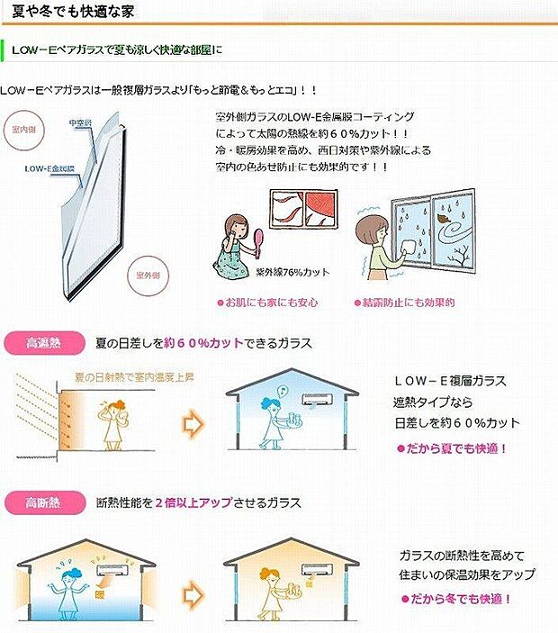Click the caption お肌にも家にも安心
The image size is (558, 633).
tap(268, 303)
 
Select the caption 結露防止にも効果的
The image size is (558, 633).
tap(406, 303)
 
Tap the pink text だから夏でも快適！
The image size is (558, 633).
tap(453, 448)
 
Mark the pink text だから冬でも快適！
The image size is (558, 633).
tap(456, 598)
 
